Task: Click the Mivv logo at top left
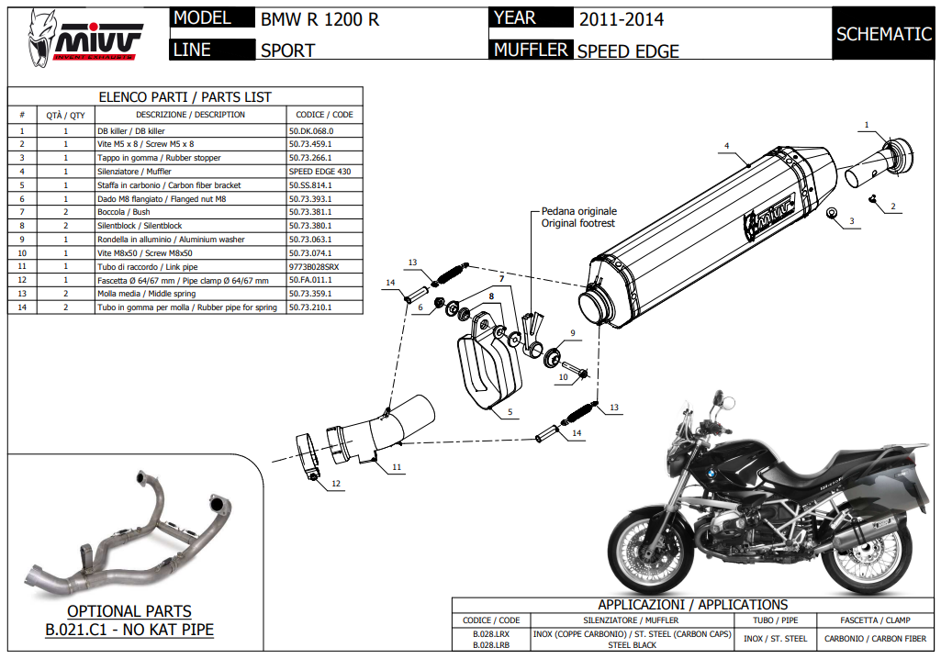point(87,37)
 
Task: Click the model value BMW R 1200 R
point(319,18)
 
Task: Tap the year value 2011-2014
point(621,18)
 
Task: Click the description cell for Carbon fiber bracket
point(169,184)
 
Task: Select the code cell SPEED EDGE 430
point(319,171)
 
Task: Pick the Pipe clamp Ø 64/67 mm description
point(183,280)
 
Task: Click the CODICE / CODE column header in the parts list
point(324,115)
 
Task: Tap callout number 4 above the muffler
point(725,146)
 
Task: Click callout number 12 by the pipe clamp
point(336,483)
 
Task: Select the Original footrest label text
point(577,223)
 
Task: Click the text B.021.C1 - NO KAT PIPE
point(129,630)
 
